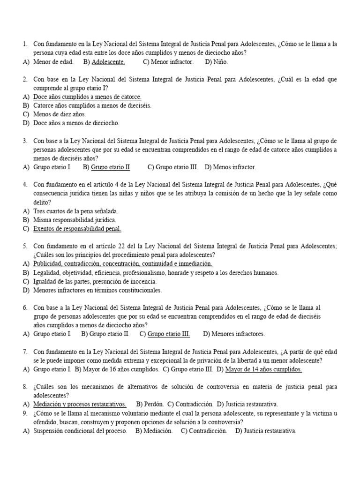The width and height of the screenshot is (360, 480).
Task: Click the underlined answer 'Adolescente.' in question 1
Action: pos(108,61)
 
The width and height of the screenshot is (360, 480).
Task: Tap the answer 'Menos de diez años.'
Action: pos(60,114)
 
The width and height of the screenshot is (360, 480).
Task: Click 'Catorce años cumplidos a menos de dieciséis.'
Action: pos(92,105)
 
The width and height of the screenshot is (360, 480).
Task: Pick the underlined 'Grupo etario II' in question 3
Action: pos(110,167)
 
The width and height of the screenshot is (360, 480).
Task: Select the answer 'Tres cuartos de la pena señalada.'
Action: pos(75,211)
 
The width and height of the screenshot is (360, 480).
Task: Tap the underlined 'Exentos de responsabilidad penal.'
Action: pos(77,229)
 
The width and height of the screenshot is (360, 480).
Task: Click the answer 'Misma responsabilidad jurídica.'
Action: pos(75,220)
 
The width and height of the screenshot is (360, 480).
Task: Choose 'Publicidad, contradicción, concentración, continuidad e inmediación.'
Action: pos(123,264)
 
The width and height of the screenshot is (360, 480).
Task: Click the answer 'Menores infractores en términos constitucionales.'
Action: pos(97,290)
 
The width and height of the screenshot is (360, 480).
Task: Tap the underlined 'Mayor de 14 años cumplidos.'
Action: pos(263,369)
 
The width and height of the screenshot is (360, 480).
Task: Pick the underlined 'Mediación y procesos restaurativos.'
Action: pos(80,404)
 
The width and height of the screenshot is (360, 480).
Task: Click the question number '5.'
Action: pos(25,246)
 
